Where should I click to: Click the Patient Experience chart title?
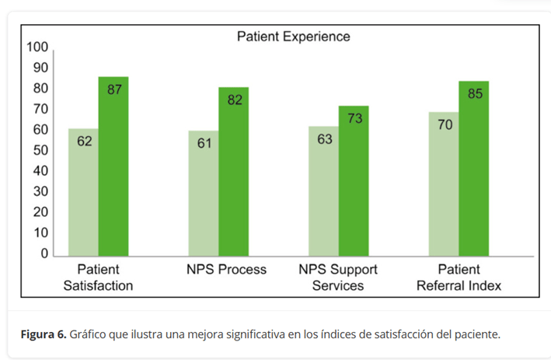tap(293, 36)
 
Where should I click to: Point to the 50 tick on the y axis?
tap(40, 150)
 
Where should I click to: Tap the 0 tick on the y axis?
tap(44, 253)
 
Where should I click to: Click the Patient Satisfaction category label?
tap(98, 278)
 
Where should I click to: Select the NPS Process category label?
tap(226, 270)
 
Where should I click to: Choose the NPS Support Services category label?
tap(338, 278)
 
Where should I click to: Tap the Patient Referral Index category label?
tap(459, 278)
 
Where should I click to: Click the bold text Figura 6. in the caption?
tap(43, 334)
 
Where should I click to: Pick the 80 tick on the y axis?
tap(40, 89)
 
